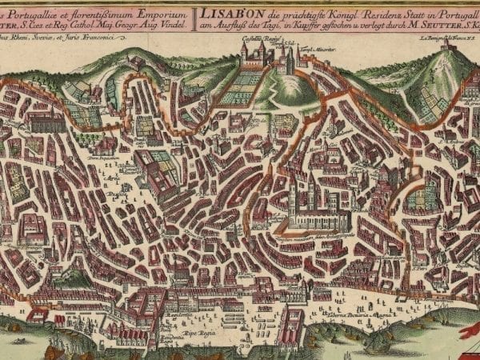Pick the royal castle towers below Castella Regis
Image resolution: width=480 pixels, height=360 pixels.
(x=260, y=54)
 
